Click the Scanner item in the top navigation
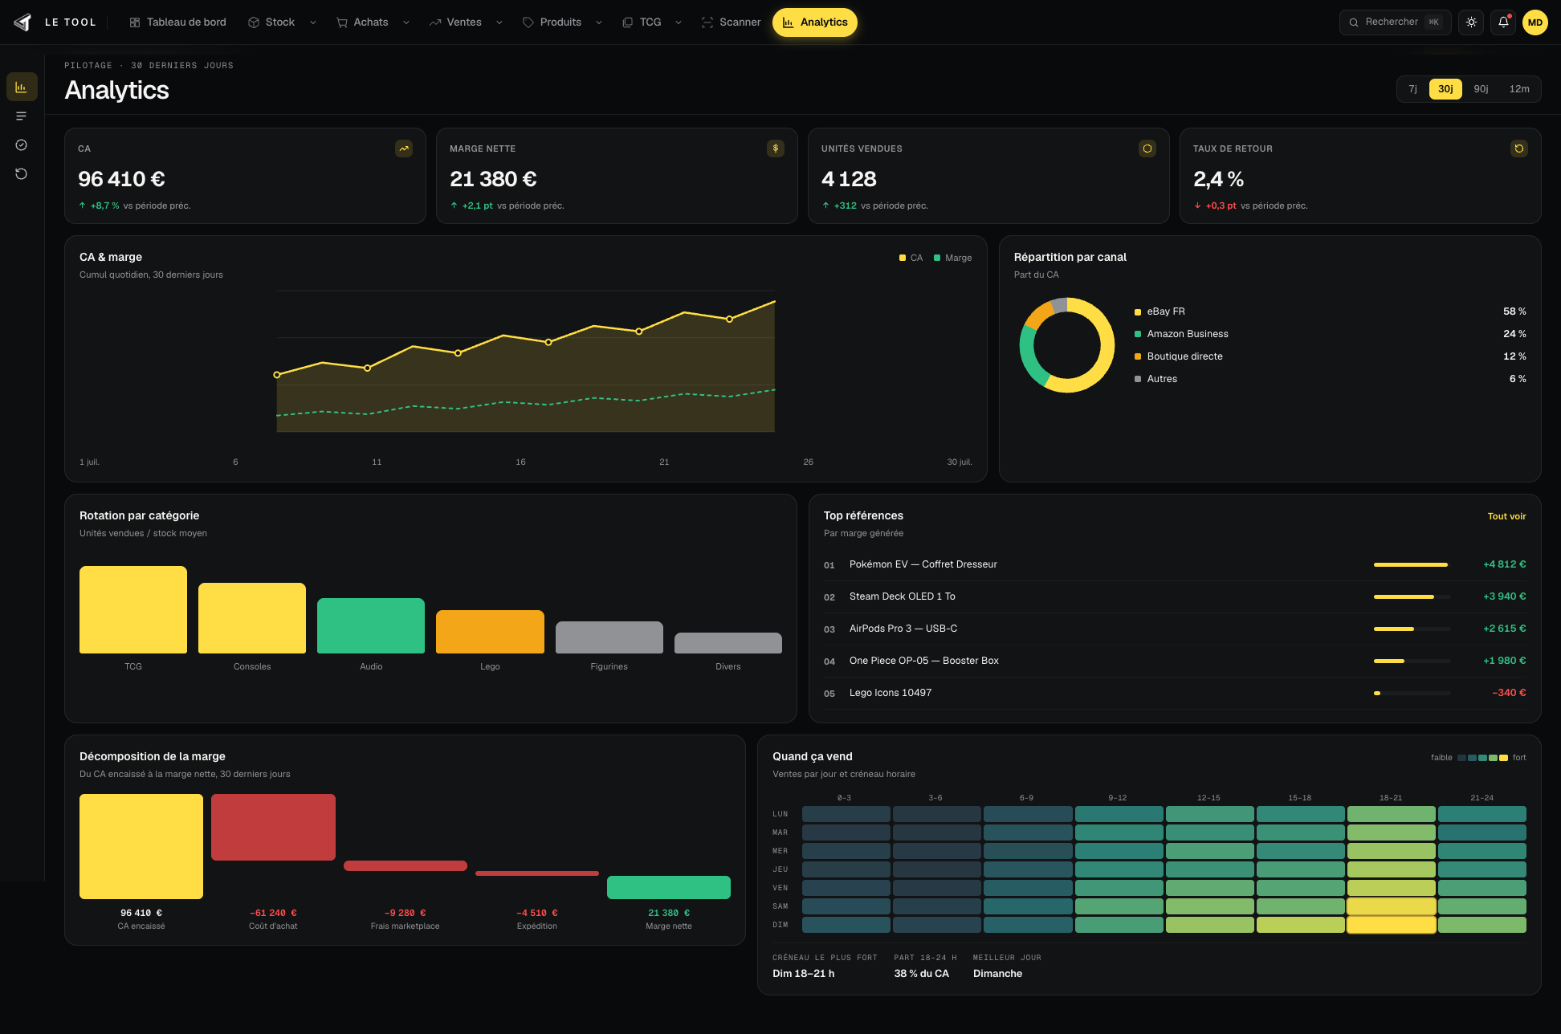tap(731, 22)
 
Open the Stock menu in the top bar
tap(282, 22)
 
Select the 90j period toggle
tap(1481, 89)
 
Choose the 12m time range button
tap(1519, 89)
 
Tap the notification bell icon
tap(1503, 22)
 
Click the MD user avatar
tap(1535, 22)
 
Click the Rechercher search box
tap(1395, 22)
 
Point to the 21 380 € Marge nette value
tap(493, 179)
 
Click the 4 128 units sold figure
tap(849, 179)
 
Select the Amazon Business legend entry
tap(1181, 334)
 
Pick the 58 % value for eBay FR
tap(1514, 311)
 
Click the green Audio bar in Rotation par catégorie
tap(371, 625)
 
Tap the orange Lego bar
tap(490, 632)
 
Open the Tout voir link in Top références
tap(1506, 516)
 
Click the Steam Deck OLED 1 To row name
tap(903, 596)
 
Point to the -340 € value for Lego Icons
tap(1509, 693)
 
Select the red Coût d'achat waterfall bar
tap(273, 827)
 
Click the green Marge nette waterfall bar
tap(669, 887)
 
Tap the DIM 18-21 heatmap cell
tap(1391, 925)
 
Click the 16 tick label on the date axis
tap(520, 462)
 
